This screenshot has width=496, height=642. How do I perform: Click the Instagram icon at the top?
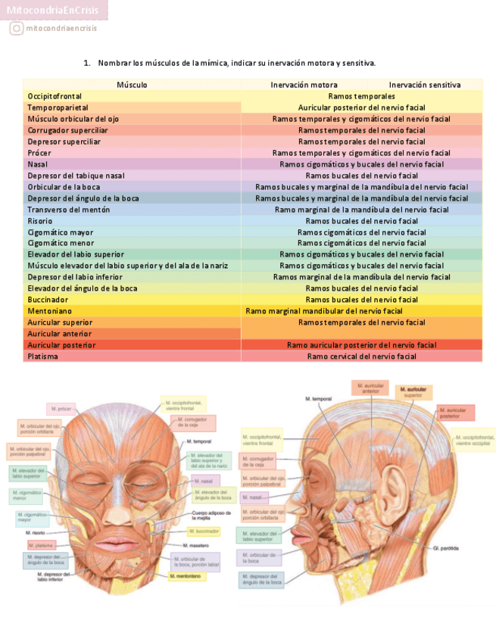click(x=16, y=29)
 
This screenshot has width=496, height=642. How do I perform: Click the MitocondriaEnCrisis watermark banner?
click(x=54, y=10)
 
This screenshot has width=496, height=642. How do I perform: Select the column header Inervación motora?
click(x=304, y=85)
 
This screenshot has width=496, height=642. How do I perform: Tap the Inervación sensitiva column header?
click(x=424, y=85)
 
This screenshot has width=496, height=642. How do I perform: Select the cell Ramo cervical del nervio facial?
click(x=361, y=356)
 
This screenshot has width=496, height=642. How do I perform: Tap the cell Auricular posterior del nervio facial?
click(x=361, y=108)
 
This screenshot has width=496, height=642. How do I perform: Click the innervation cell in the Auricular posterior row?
click(x=361, y=345)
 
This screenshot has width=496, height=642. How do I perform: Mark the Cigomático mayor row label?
click(x=60, y=232)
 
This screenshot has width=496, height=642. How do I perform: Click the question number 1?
click(x=87, y=62)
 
